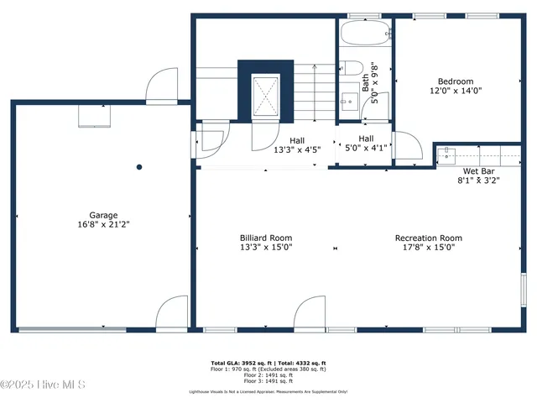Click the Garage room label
pyautogui.click(x=104, y=215)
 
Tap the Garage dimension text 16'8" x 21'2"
pyautogui.click(x=104, y=225)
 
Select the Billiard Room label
pyautogui.click(x=266, y=238)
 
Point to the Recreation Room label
pyautogui.click(x=429, y=238)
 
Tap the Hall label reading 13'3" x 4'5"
pyautogui.click(x=297, y=140)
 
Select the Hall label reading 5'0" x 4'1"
pyautogui.click(x=366, y=139)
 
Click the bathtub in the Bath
pyautogui.click(x=366, y=34)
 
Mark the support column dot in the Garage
pyautogui.click(x=140, y=167)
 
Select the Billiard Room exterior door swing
pyautogui.click(x=310, y=311)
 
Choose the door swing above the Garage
pyautogui.click(x=160, y=85)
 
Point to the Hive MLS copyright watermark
pyautogui.click(x=44, y=385)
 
